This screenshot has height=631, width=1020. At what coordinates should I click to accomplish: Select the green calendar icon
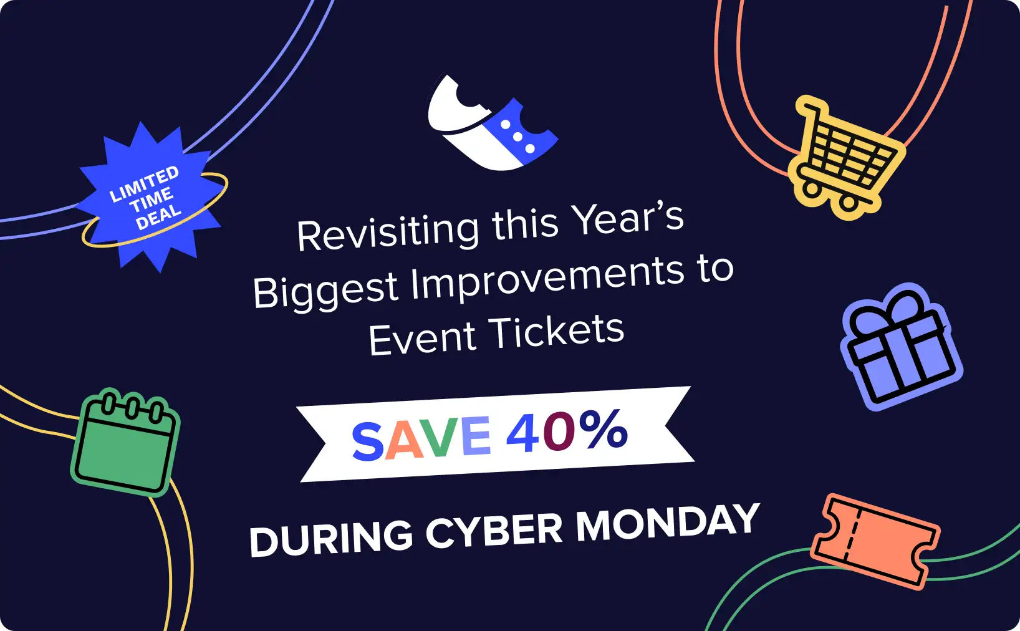click(x=126, y=443)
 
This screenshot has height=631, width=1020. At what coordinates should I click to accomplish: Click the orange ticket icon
click(x=875, y=541)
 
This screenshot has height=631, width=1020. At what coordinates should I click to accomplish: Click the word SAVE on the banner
click(x=421, y=438)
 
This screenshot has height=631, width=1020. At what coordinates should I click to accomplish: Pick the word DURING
click(x=331, y=539)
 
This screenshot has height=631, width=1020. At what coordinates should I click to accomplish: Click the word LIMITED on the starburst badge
click(x=144, y=184)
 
